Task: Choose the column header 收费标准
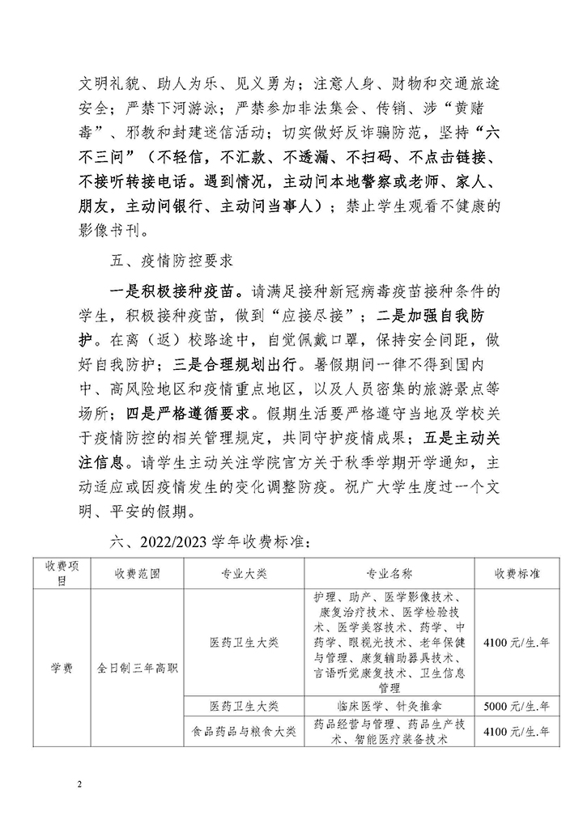[x=518, y=573]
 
